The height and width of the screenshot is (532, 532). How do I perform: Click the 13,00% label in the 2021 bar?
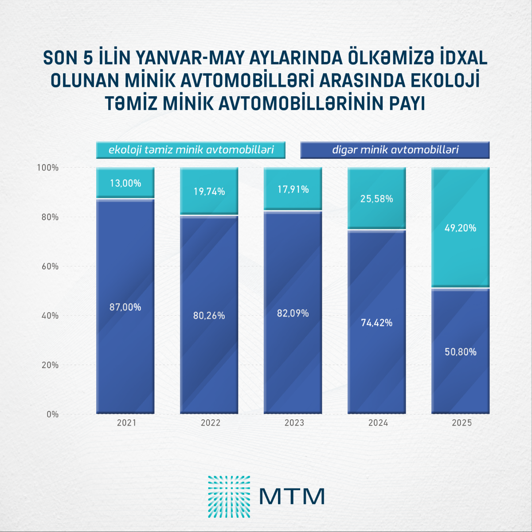(x=125, y=183)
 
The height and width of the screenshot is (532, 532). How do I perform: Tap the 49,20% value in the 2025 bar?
(x=461, y=228)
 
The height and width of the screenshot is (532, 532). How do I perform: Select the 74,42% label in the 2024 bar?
(x=377, y=323)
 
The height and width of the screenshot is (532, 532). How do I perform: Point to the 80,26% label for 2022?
(x=209, y=316)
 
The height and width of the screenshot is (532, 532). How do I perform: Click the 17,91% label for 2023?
(x=293, y=190)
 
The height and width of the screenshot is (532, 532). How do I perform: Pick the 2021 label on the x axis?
(x=126, y=423)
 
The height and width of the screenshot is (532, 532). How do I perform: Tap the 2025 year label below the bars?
(x=462, y=423)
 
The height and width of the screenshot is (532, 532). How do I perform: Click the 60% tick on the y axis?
(x=48, y=266)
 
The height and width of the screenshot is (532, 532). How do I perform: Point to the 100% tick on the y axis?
(x=47, y=168)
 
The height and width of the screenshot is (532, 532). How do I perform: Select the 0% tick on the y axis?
(x=52, y=415)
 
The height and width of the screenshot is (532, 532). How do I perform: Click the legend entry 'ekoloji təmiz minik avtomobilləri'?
(x=191, y=150)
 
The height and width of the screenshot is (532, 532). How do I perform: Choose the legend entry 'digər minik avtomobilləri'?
(x=395, y=150)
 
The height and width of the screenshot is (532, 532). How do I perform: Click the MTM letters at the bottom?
(x=292, y=497)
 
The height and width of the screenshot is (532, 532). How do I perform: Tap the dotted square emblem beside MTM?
(x=229, y=497)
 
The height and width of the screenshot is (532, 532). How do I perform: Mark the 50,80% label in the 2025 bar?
(x=461, y=352)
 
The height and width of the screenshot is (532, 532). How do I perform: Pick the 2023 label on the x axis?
(x=294, y=423)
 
